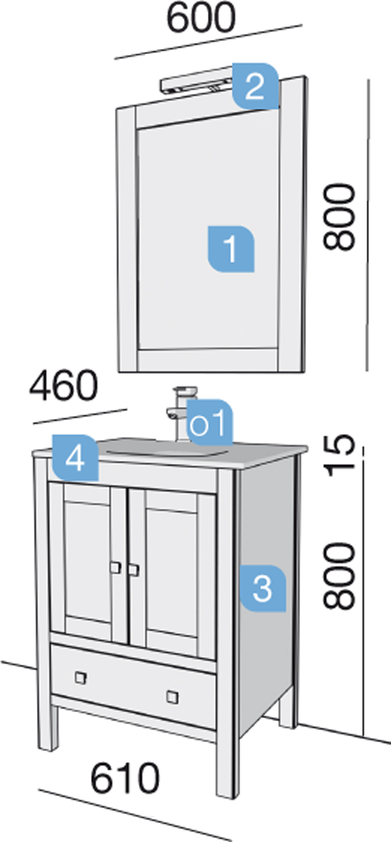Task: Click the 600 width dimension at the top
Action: click(201, 19)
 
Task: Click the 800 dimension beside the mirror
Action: click(339, 217)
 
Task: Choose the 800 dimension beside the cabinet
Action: click(339, 576)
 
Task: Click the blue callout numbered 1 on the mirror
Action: click(231, 248)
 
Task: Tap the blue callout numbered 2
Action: click(255, 86)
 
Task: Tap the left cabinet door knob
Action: click(115, 567)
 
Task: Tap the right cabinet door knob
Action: click(133, 569)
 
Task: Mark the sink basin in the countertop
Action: click(161, 447)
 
